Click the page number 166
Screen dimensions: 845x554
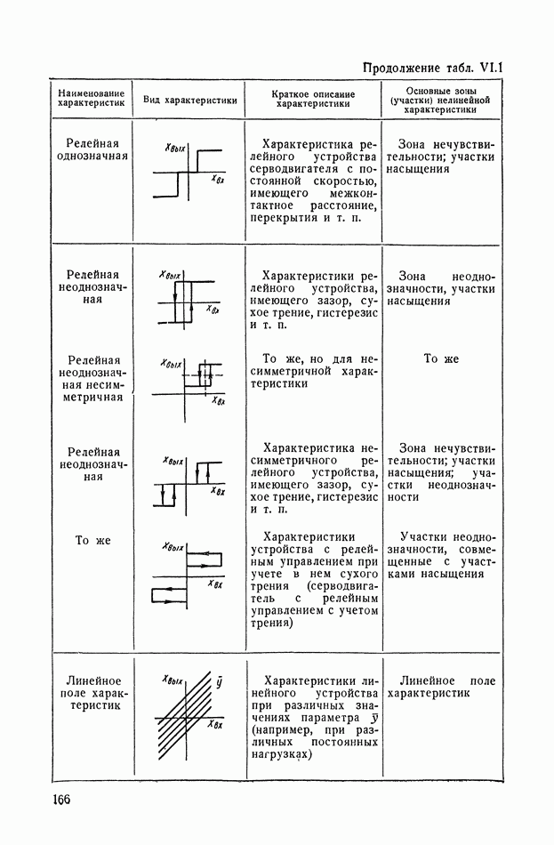(55, 800)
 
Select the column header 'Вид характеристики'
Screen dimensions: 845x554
(190, 100)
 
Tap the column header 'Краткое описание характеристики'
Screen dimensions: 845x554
(314, 99)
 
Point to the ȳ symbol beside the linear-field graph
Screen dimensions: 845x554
(219, 683)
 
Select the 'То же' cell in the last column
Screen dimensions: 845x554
(441, 358)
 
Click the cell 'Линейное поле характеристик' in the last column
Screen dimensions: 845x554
(441, 686)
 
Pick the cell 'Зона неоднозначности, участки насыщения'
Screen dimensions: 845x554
(441, 288)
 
